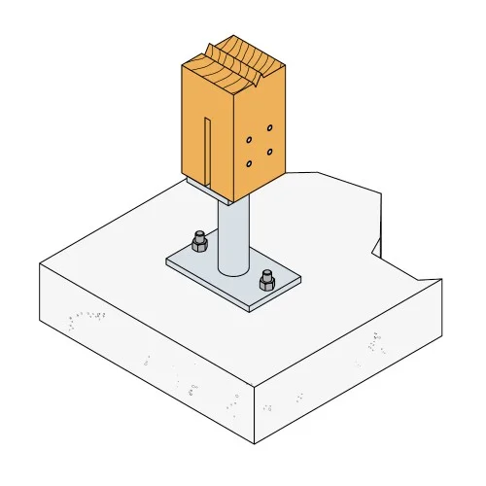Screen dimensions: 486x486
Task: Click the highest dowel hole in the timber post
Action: [269, 127]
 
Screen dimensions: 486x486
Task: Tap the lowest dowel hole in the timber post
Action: [251, 163]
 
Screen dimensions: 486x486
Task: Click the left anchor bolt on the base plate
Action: [199, 240]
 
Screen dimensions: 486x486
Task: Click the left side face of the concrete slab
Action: [146, 350]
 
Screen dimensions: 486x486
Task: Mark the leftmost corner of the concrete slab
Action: [39, 264]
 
